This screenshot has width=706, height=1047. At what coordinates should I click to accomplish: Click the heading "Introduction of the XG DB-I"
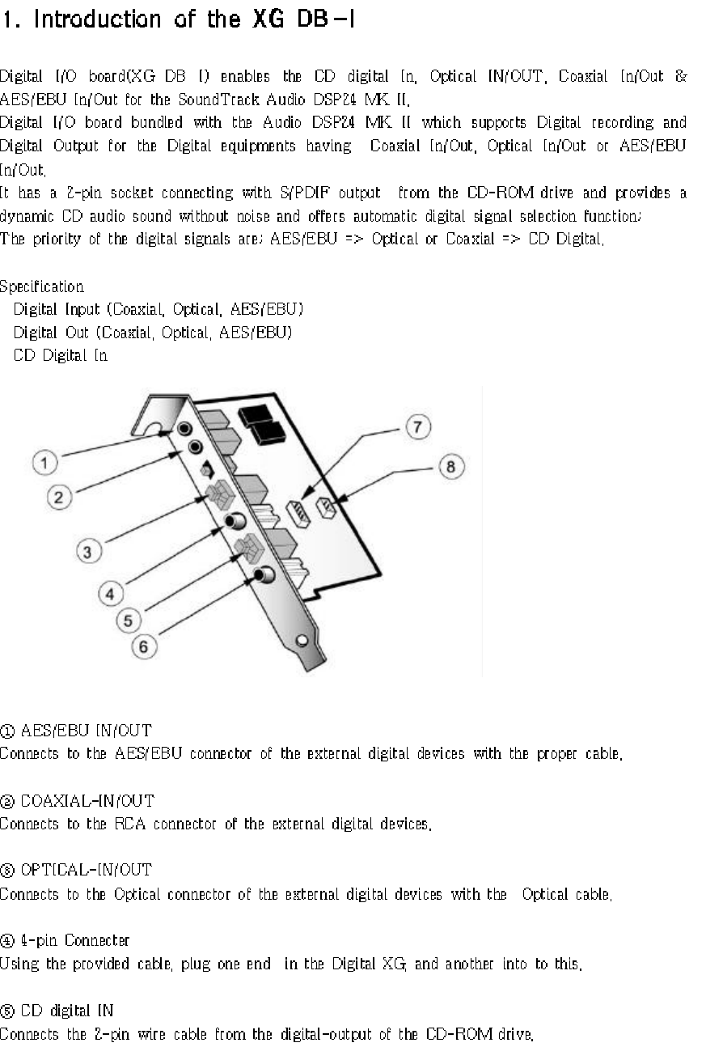point(179,20)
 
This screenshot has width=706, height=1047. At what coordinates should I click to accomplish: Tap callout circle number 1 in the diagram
point(44,463)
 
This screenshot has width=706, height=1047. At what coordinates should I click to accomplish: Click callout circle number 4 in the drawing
point(111,593)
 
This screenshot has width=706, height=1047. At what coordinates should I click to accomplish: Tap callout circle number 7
point(417,428)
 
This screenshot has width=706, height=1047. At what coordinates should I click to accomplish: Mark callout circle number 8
point(450,466)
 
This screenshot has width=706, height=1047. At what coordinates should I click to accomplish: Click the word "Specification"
point(41,286)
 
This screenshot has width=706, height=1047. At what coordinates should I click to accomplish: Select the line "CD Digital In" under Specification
point(60,355)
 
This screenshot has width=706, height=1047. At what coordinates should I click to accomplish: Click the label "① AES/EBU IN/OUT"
point(77,731)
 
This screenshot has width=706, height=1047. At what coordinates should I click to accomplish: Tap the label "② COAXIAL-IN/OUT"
point(78,801)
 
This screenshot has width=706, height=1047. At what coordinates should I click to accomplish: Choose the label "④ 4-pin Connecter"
point(66,940)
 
